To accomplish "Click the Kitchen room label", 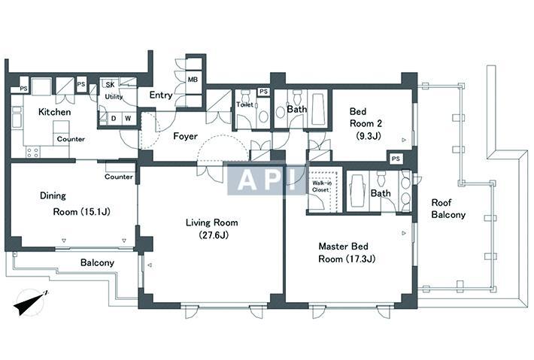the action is [54, 111].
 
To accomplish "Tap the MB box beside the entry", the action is [193, 80].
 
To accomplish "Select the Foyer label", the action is [185, 136].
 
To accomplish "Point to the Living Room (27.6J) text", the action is [212, 228].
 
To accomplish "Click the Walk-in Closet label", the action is [321, 186].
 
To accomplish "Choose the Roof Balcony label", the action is [448, 209].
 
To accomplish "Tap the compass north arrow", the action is [32, 302].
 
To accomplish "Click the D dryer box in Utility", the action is [114, 119].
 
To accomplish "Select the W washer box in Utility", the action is [128, 119].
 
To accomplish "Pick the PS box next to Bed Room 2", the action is [396, 159].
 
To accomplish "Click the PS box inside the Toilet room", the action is [263, 92].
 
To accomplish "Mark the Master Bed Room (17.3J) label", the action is [347, 253].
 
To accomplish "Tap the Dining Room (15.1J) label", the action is [75, 204].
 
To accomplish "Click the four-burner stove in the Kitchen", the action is [32, 152].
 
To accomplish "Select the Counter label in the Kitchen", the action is [71, 139].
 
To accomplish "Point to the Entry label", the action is [161, 95].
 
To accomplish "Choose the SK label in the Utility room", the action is [110, 84].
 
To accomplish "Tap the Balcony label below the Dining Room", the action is [97, 263].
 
